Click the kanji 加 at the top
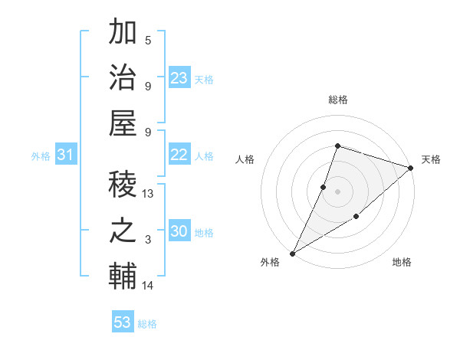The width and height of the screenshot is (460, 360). click(123, 34)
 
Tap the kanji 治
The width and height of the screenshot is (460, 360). click(123, 79)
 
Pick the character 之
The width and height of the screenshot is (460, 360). click(123, 231)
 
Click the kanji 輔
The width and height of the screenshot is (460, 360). click(123, 277)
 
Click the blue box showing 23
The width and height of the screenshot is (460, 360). click(179, 78)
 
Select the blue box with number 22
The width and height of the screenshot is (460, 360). click(179, 155)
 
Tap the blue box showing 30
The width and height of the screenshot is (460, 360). click(179, 232)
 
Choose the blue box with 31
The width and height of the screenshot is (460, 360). click(65, 155)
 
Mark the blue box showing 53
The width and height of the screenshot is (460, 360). click(123, 322)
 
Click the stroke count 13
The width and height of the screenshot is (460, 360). click(149, 194)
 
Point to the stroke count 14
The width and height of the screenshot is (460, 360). click(149, 286)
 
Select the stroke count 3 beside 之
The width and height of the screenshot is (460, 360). click(148, 240)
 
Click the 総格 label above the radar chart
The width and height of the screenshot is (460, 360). click(337, 100)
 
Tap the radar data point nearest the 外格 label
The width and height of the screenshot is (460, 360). click(292, 253)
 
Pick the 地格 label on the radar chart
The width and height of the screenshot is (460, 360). click(402, 262)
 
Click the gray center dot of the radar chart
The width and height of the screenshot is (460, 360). click(337, 191)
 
